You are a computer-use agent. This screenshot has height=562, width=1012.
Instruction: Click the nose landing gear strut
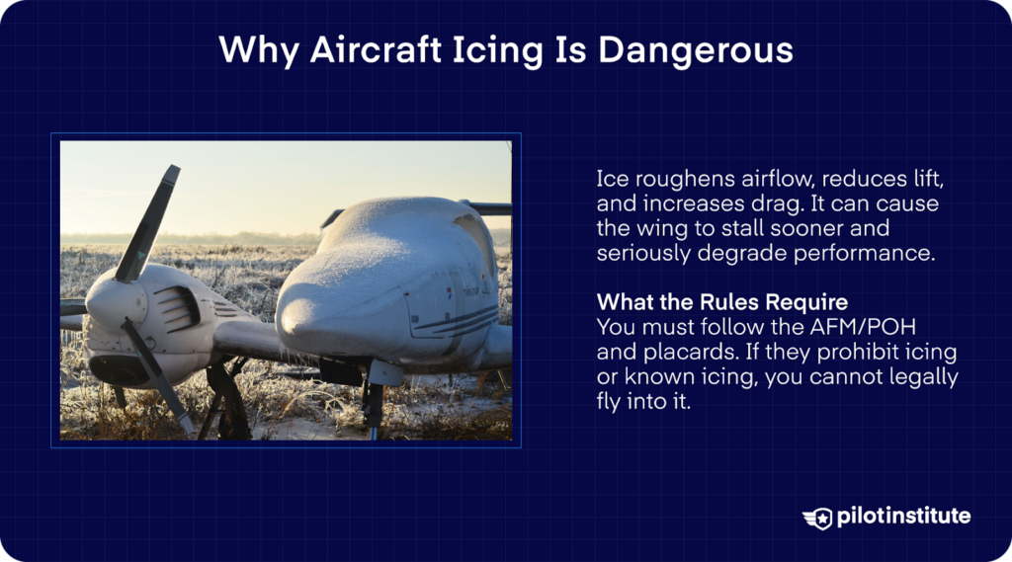pyautogui.click(x=373, y=400)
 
